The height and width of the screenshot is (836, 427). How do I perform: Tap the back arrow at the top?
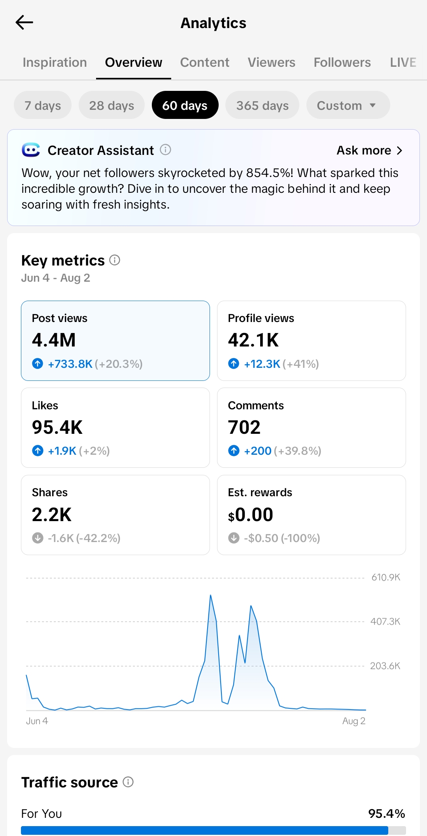tap(24, 23)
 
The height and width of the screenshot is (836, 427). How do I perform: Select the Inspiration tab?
tap(55, 62)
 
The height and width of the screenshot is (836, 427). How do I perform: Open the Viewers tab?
tap(272, 62)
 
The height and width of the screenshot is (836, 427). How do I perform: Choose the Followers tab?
tap(342, 62)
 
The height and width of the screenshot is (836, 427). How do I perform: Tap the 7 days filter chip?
tap(43, 105)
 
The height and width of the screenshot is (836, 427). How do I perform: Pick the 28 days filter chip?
tap(111, 105)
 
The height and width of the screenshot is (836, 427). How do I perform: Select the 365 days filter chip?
tap(263, 105)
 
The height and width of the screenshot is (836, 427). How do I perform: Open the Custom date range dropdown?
tap(348, 105)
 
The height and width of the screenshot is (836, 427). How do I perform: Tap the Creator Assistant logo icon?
tap(31, 150)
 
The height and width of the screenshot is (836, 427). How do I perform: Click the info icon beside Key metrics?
tap(115, 260)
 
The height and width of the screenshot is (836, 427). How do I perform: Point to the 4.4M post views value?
tap(54, 340)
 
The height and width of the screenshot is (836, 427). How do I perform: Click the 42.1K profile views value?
tap(253, 340)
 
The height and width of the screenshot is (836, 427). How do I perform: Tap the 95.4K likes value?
tap(57, 427)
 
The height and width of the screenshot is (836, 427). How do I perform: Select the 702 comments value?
tap(244, 427)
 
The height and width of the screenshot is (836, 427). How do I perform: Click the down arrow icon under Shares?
tap(38, 538)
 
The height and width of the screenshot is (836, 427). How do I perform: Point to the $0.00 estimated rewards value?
tap(251, 515)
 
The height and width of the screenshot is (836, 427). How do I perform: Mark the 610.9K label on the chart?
tap(386, 578)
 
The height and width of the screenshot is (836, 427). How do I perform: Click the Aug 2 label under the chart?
tap(354, 721)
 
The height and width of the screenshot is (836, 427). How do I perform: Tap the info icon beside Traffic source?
tap(128, 782)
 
